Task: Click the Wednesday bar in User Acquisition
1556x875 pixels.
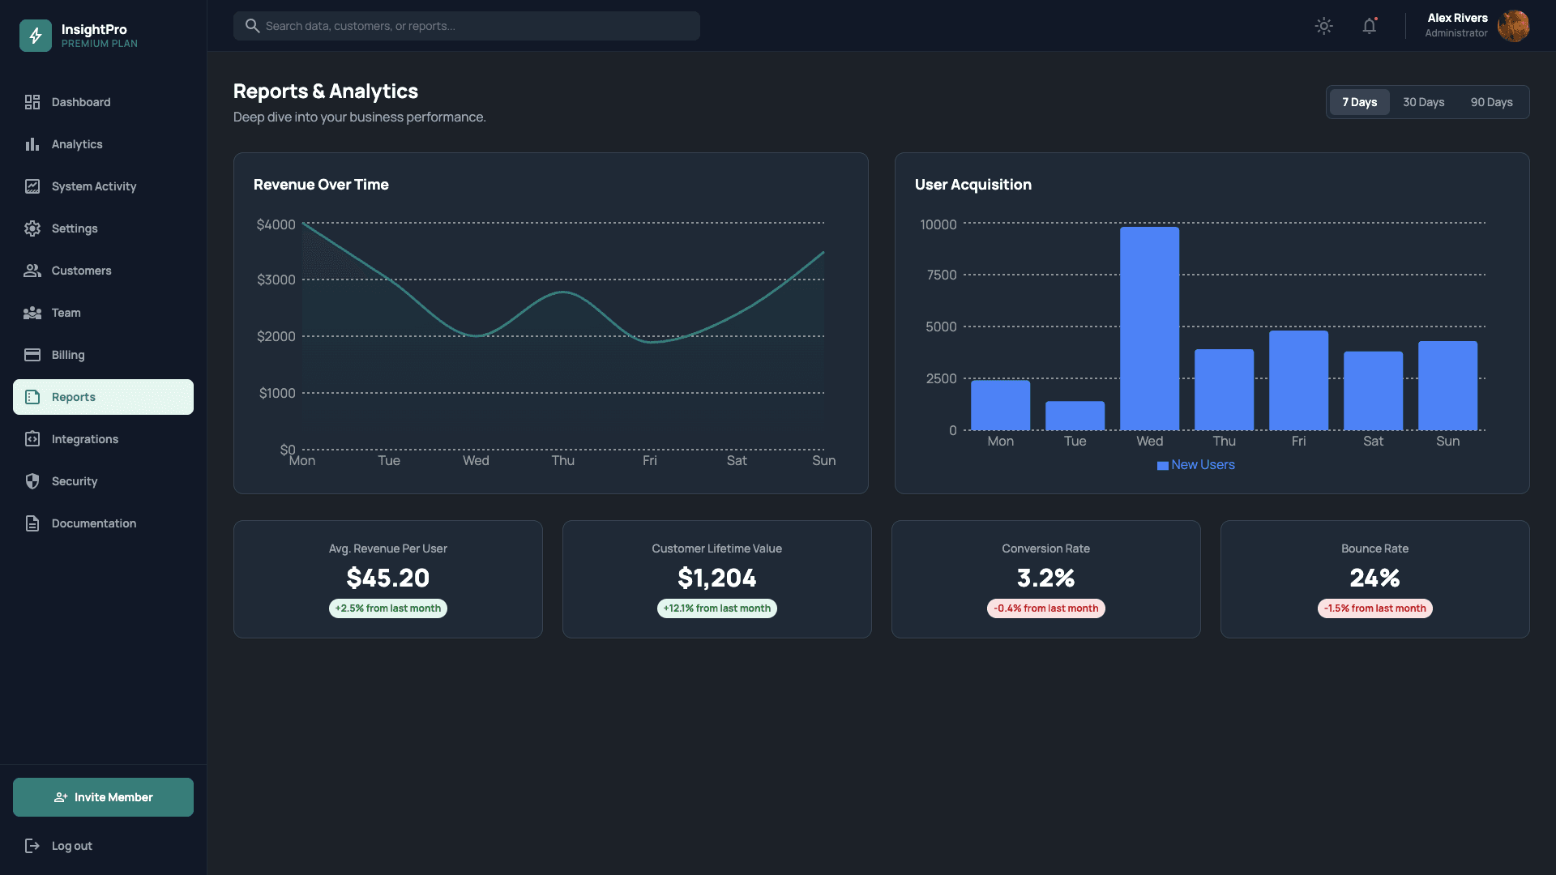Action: pos(1149,328)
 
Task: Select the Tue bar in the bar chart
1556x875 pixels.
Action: pos(1075,416)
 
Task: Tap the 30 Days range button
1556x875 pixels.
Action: pos(1423,102)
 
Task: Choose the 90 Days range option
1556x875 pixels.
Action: pos(1491,102)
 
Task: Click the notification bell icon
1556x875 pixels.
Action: pos(1369,26)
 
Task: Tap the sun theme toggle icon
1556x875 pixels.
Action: pos(1323,26)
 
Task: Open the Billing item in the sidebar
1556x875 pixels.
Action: pos(68,355)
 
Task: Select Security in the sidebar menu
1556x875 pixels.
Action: pos(75,481)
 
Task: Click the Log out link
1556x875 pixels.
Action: pos(71,846)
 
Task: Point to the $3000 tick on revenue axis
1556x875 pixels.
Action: pos(276,280)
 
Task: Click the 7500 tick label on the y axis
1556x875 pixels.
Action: pos(941,275)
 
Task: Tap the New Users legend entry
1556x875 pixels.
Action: pos(1196,464)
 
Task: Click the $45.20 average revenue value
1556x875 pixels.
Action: pos(387,578)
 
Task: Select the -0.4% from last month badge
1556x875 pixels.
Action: pos(1045,608)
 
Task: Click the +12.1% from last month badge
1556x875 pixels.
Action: pos(716,608)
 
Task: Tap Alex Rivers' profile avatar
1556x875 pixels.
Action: pos(1512,26)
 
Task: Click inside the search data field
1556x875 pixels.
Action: pos(478,26)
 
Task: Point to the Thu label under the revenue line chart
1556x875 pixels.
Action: pos(562,460)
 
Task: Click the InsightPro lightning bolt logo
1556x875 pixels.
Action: pos(36,36)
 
